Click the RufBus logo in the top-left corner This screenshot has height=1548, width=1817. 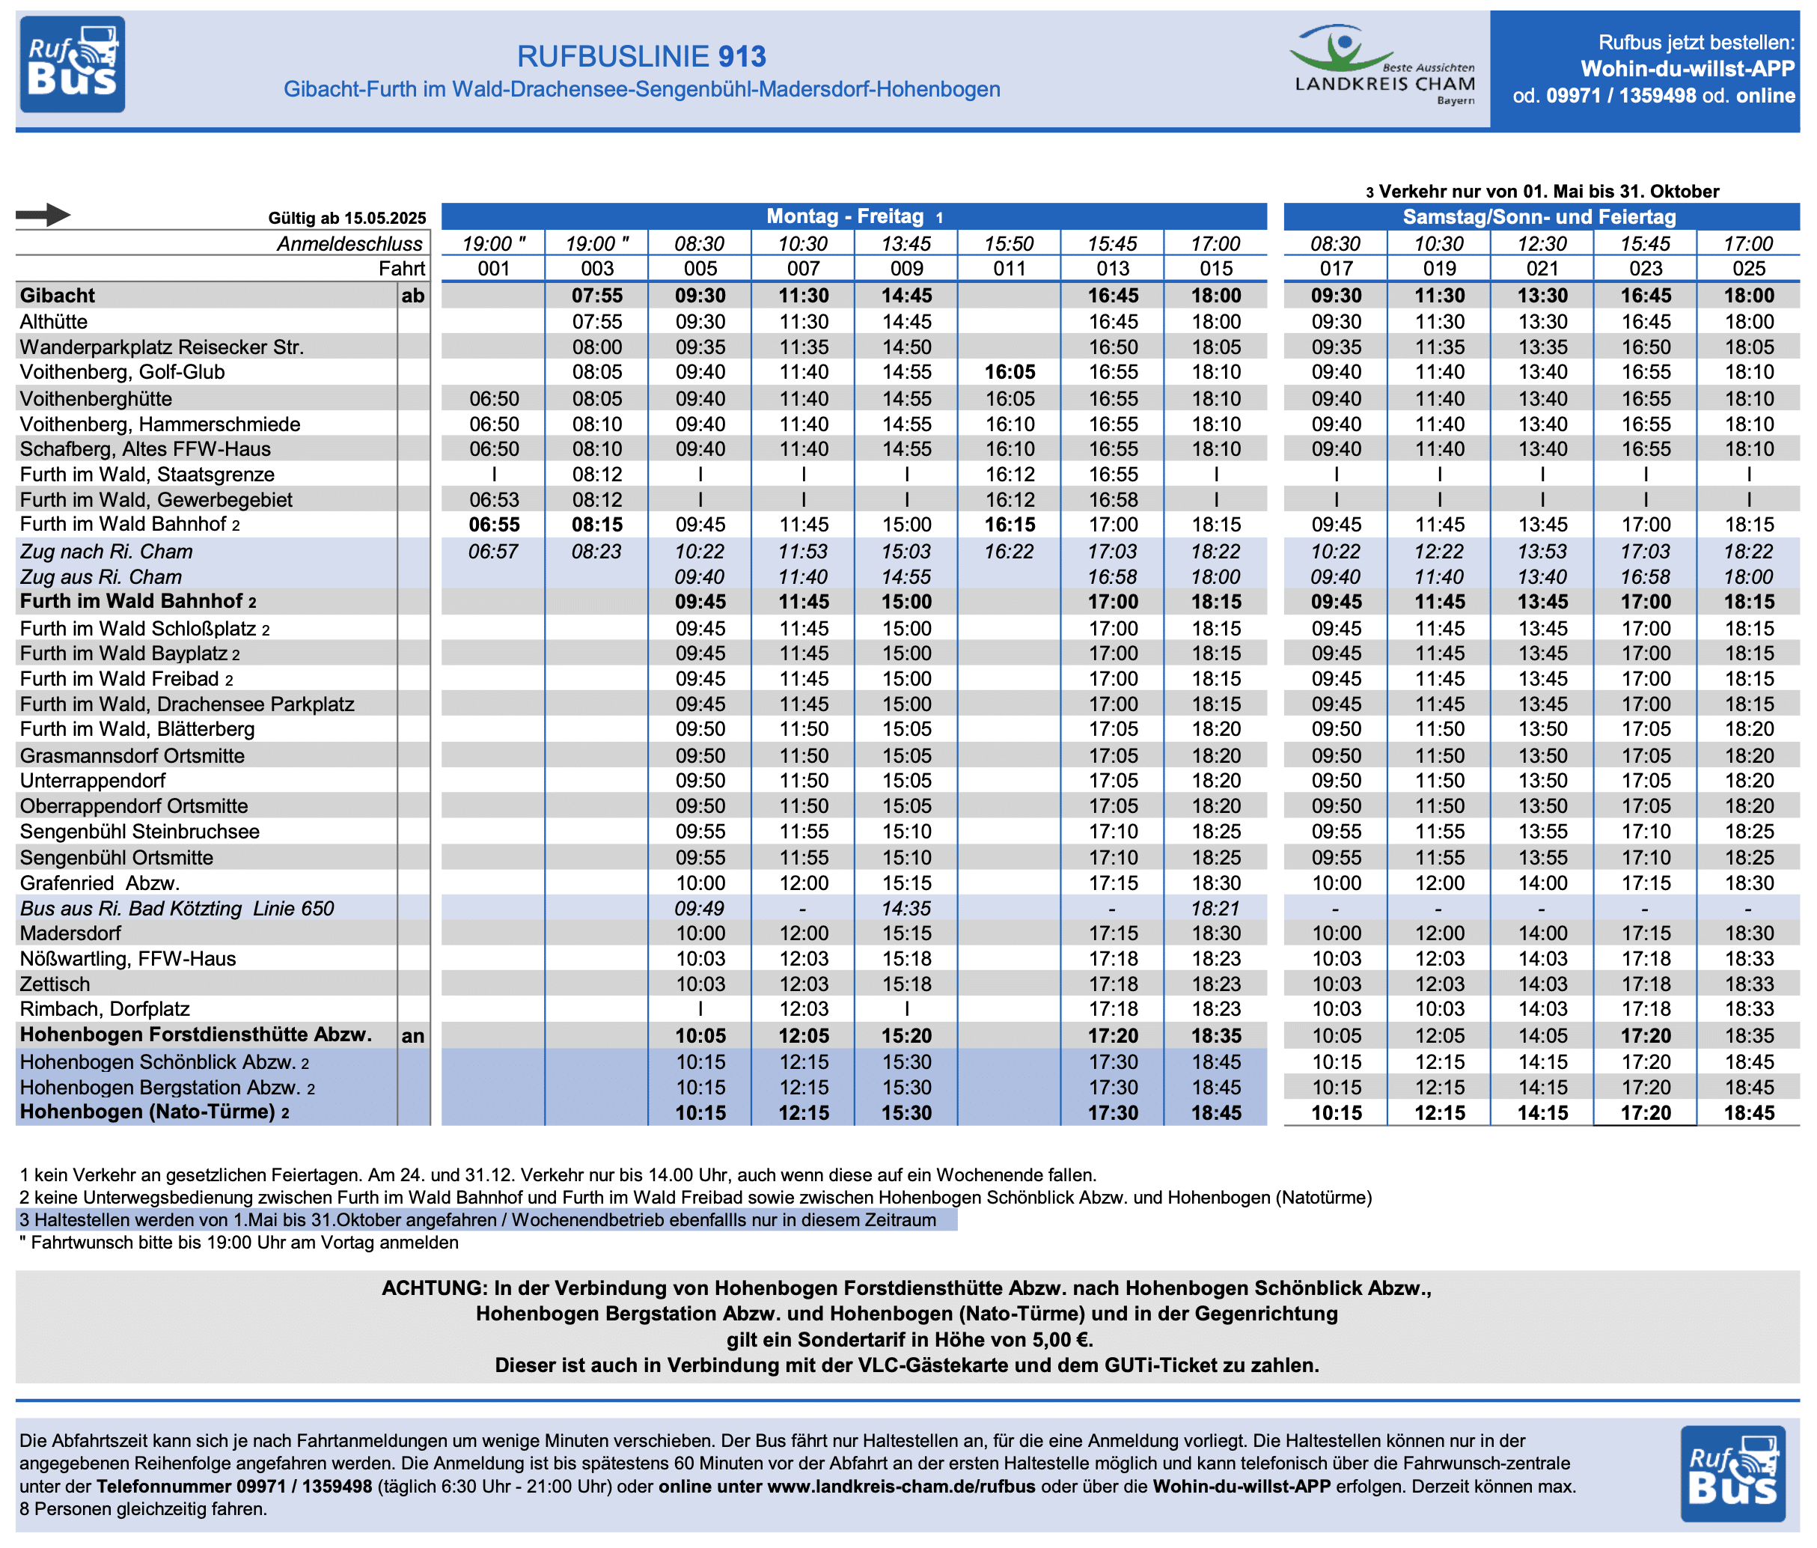coord(72,65)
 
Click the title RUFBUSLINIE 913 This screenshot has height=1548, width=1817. coord(641,56)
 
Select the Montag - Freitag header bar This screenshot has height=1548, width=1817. coord(853,216)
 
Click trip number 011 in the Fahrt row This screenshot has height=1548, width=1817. coord(1010,269)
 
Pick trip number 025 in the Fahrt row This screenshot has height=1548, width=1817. coord(1749,269)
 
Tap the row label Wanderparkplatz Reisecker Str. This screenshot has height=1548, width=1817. coord(162,347)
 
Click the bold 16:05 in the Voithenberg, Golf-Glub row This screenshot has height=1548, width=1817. coord(1010,372)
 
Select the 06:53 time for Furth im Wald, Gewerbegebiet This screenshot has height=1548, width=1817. coord(494,500)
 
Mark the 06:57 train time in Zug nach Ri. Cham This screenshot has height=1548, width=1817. coord(493,552)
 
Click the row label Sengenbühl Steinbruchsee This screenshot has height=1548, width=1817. coord(139,832)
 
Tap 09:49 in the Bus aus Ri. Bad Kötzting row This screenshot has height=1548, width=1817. coord(700,909)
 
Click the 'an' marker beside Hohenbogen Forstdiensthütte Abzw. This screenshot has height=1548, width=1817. coord(413,1036)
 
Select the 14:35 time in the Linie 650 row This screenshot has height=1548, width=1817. coord(907,909)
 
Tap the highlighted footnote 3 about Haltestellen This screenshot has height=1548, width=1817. coord(478,1220)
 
